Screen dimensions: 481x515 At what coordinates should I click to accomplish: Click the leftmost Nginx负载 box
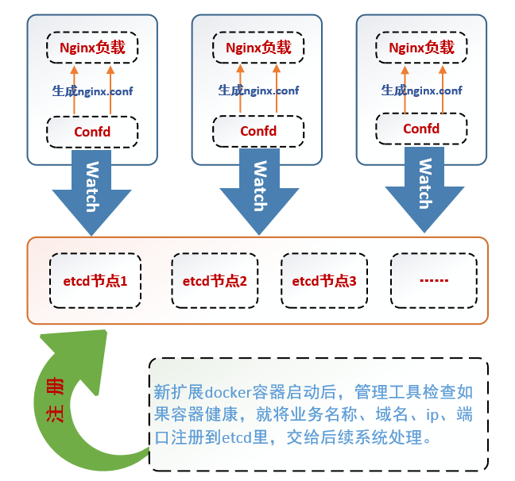92,48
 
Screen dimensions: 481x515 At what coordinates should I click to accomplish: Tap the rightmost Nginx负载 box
421,48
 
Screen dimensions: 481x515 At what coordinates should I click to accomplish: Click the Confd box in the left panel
92,131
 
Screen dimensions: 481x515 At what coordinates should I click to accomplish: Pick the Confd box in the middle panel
258,131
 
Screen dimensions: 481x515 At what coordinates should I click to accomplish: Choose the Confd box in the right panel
421,129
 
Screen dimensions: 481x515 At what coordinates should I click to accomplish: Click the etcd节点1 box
95,281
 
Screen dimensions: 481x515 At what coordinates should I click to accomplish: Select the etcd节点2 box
215,281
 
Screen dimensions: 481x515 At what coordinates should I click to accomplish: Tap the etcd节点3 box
324,281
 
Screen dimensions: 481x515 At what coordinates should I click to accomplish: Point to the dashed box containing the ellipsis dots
433,281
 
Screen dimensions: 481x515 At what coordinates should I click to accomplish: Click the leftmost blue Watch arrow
92,190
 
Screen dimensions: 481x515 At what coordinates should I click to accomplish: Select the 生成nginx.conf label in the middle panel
258,90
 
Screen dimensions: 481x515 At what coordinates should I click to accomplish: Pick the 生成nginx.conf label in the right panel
421,90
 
